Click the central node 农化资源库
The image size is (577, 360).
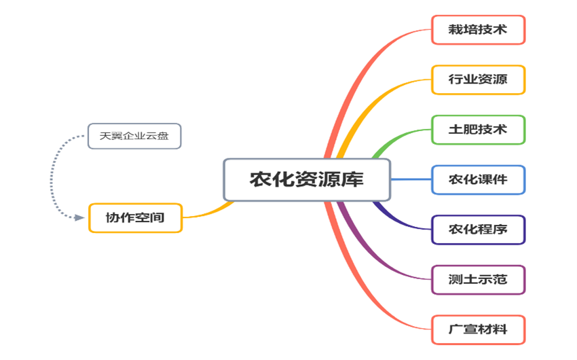[x=307, y=180]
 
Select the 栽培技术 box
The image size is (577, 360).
[x=478, y=30]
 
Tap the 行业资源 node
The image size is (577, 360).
[x=478, y=80]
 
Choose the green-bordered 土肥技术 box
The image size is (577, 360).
[x=478, y=130]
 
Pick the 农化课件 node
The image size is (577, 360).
[x=478, y=180]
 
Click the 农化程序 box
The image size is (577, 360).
[x=478, y=230]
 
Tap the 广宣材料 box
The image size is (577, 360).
[x=478, y=329]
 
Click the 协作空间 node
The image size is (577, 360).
[x=135, y=218]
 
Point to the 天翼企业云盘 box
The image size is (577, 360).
[x=134, y=136]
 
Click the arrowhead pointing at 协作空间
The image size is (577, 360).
[x=82, y=218]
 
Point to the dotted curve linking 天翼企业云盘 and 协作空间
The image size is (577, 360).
[x=52, y=177]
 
